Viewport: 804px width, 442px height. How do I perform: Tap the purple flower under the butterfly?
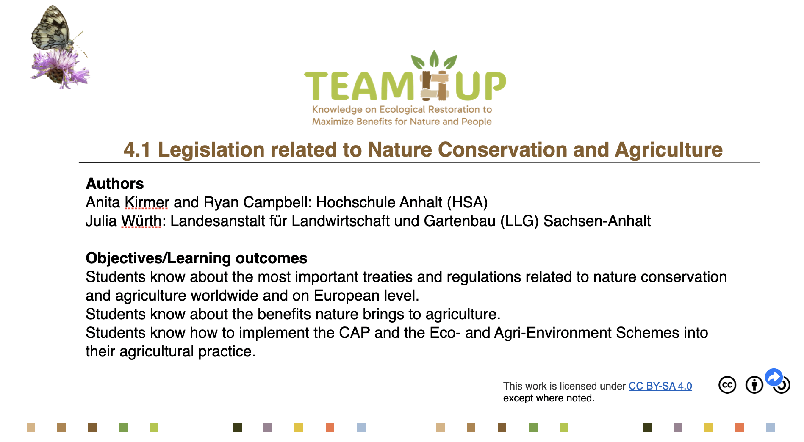coord(59,68)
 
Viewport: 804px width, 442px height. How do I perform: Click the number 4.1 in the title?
coord(137,150)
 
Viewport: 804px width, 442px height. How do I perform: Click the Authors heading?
coord(115,183)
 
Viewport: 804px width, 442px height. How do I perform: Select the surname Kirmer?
coord(147,202)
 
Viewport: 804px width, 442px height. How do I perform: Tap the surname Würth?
coord(141,221)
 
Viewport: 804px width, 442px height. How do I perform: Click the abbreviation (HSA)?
coord(467,202)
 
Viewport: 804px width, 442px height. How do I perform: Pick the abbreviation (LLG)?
coord(519,221)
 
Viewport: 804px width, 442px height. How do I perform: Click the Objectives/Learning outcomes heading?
coord(197,258)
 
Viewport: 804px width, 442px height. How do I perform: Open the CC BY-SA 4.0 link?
coord(660,386)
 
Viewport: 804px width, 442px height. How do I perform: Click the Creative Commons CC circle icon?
coord(727,385)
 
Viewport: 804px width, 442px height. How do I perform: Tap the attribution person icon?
coord(754,385)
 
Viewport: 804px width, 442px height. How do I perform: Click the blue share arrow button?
coord(774,377)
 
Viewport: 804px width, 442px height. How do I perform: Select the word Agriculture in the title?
coord(669,150)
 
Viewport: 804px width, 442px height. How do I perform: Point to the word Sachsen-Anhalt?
coord(597,221)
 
